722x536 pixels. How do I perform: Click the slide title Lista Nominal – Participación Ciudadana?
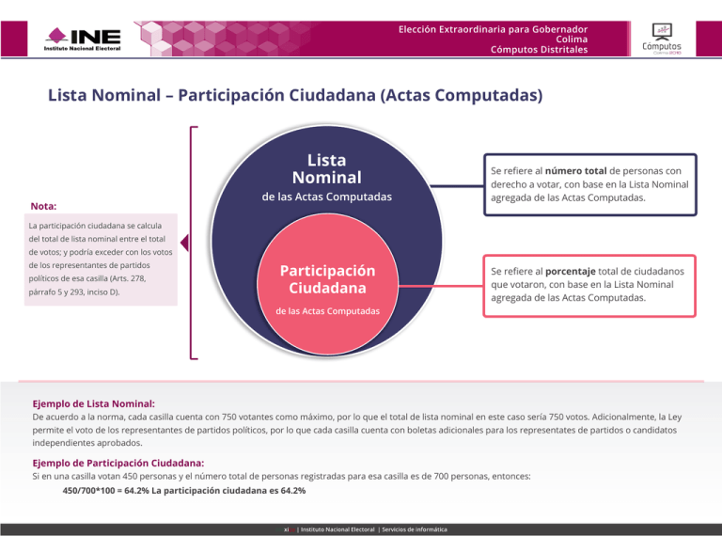click(x=295, y=96)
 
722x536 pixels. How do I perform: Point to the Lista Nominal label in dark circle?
click(x=326, y=168)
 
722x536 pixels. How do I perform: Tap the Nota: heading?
click(x=43, y=205)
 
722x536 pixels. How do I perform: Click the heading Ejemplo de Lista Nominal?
click(x=94, y=402)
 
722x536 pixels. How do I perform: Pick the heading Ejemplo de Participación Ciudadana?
click(x=118, y=463)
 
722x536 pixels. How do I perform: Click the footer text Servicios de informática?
click(x=412, y=530)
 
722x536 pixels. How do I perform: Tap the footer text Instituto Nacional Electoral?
click(x=336, y=530)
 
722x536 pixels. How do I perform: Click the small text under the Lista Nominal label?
click(x=326, y=198)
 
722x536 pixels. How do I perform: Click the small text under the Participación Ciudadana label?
click(x=327, y=310)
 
